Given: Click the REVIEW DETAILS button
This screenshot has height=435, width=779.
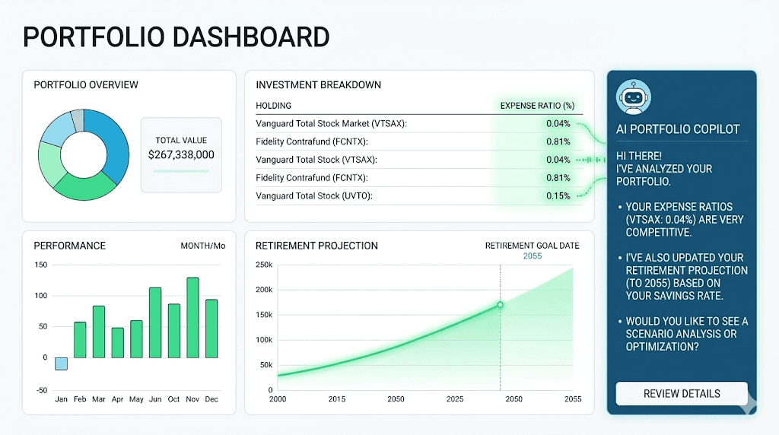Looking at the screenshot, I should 681,393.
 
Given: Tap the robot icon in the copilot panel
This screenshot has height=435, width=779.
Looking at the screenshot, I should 631,97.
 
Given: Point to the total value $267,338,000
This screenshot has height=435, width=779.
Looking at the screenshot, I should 181,154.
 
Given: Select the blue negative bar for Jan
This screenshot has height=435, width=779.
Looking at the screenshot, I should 61,364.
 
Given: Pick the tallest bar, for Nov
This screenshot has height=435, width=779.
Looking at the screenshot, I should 192,317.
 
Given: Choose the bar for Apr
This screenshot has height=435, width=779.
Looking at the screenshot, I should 117,342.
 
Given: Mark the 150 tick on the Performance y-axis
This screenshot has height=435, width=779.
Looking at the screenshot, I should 41,265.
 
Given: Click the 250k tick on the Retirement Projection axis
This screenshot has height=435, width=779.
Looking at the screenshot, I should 263,265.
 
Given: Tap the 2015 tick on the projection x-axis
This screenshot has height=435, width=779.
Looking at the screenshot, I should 336,399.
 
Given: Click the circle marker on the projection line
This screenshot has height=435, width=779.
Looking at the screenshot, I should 500,305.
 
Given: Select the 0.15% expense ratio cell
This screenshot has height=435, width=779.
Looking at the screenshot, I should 558,195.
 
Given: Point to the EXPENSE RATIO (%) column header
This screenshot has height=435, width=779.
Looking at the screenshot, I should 536,106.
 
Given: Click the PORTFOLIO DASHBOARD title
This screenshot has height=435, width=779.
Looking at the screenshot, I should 176,37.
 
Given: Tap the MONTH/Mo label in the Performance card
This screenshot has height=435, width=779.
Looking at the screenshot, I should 202,246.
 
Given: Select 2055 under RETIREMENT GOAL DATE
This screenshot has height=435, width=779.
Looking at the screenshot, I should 533,256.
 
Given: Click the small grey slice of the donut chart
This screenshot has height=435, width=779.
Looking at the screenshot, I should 77,119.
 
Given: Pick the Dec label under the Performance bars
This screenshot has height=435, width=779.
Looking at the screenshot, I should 211,399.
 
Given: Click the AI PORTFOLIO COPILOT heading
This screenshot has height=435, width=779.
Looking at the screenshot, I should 677,129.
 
